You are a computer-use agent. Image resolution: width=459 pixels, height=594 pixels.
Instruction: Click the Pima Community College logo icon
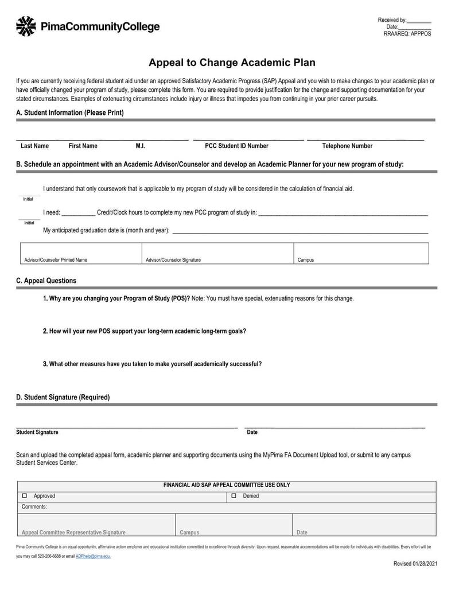click(26, 26)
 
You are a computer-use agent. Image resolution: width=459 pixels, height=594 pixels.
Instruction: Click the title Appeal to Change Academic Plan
click(232, 63)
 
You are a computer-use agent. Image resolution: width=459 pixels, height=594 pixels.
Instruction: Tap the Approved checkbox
click(25, 496)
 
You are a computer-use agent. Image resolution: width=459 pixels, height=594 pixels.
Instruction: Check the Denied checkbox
click(234, 496)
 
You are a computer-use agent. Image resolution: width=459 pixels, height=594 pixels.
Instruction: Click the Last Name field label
click(34, 146)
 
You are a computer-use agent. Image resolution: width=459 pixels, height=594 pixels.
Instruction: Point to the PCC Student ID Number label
click(236, 146)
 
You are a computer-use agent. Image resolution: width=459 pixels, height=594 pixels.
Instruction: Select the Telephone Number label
click(347, 146)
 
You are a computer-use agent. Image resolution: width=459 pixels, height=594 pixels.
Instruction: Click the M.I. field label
click(140, 146)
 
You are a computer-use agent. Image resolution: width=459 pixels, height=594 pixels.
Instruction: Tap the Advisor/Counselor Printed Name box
click(81, 253)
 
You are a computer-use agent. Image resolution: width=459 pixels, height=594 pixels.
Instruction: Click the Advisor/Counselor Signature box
click(217, 253)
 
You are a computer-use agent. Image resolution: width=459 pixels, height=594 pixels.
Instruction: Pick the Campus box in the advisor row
click(361, 253)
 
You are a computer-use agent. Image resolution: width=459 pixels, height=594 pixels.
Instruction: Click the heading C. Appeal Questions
click(46, 281)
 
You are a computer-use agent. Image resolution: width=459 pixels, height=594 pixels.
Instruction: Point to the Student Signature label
click(37, 432)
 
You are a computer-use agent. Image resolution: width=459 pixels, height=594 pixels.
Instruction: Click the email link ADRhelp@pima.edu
click(93, 556)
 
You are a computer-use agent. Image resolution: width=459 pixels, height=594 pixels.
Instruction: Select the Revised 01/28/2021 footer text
click(415, 564)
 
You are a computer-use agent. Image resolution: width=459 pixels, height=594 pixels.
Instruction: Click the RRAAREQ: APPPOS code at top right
click(407, 34)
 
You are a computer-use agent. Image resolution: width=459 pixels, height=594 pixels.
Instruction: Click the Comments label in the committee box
click(34, 507)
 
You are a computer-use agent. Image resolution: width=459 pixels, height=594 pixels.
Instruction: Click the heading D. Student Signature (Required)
click(63, 397)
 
